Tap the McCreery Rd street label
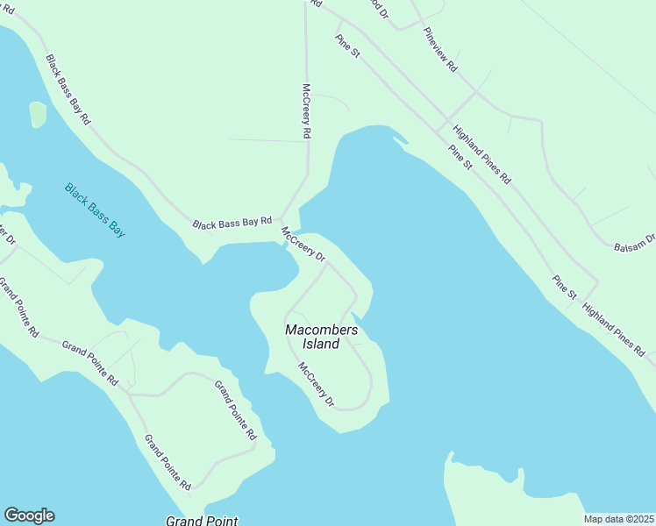click(306, 111)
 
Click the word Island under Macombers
click(321, 345)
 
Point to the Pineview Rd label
click(440, 49)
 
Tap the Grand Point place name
click(202, 521)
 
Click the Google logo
click(29, 515)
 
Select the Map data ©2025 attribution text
click(618, 519)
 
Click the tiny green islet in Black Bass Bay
click(38, 114)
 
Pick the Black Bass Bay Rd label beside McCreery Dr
click(233, 224)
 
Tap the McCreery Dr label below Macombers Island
click(317, 385)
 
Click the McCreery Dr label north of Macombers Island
click(303, 245)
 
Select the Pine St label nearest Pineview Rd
click(347, 47)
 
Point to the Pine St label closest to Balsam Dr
click(564, 288)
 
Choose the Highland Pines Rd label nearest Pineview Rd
click(481, 154)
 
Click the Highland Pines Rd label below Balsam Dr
click(612, 329)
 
